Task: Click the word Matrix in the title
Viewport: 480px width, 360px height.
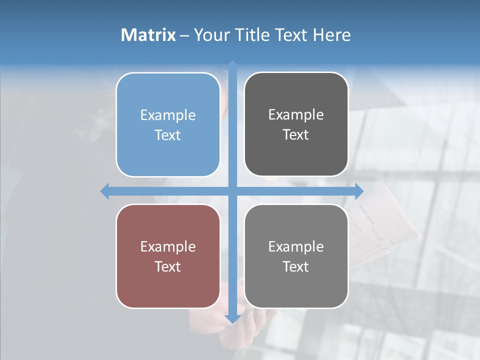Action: [x=148, y=35]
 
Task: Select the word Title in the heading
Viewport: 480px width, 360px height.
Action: [x=255, y=35]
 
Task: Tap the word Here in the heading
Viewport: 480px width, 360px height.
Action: [x=332, y=35]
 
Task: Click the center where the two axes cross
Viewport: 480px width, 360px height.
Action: [x=232, y=191]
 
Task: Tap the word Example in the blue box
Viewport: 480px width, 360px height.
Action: [x=168, y=115]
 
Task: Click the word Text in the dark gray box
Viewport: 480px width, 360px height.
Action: [x=296, y=135]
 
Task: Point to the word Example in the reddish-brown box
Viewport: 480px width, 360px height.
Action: [x=168, y=247]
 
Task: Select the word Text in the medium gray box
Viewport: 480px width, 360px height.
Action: [x=296, y=267]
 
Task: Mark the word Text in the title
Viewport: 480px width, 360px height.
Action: [x=292, y=35]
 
